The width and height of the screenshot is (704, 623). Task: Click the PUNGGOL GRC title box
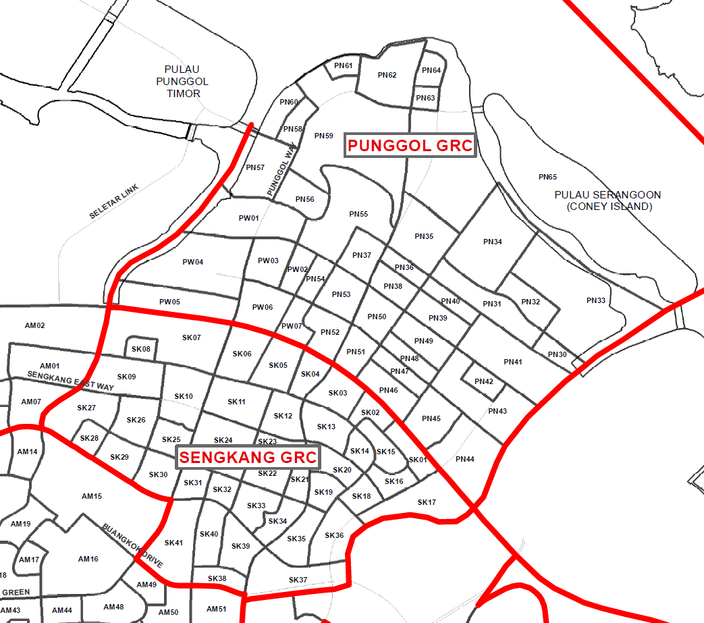(x=410, y=146)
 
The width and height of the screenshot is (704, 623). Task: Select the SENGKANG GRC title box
(x=247, y=458)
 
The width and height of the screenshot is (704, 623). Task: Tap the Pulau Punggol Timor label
(x=183, y=82)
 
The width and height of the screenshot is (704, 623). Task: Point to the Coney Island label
(x=607, y=200)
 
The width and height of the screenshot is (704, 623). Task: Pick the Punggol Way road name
(x=282, y=173)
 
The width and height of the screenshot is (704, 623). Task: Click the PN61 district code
(x=343, y=65)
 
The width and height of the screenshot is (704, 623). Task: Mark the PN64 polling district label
(x=431, y=70)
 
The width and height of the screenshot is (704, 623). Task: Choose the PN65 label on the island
(x=547, y=177)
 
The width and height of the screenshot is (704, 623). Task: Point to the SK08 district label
(x=141, y=349)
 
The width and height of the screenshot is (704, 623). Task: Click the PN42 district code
(x=483, y=381)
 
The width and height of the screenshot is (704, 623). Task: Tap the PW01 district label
(x=248, y=218)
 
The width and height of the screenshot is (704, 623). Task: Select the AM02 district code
(x=34, y=325)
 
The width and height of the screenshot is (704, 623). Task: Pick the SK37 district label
(x=298, y=580)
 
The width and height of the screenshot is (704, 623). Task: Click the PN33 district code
(x=596, y=300)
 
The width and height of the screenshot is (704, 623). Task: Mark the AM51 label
(x=216, y=609)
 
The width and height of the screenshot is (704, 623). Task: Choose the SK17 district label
(x=427, y=502)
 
